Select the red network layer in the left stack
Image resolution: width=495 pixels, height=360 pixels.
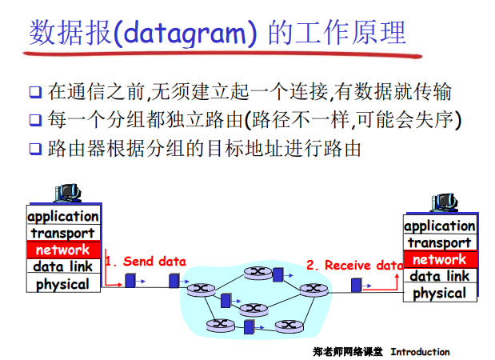point(63,250)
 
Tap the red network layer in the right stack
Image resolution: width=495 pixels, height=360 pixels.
point(439,259)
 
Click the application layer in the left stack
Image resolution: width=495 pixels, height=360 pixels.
point(63,216)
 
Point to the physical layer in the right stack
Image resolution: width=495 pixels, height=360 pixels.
point(439,293)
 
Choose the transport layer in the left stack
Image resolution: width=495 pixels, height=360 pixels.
point(63,233)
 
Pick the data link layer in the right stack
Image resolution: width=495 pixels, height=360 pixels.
point(439,276)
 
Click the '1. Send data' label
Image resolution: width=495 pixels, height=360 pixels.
point(146,262)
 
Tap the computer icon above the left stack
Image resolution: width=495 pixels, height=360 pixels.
point(68,193)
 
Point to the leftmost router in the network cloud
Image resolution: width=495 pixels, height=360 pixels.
point(200,287)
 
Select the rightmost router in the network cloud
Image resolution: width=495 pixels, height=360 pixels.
point(309,288)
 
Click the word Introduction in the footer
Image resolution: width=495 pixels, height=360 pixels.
point(420,351)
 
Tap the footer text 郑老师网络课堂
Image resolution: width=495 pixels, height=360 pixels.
point(348,351)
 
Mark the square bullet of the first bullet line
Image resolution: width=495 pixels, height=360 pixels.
point(34,92)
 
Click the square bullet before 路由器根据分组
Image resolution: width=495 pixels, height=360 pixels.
point(34,149)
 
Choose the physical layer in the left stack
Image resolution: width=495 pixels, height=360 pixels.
point(63,283)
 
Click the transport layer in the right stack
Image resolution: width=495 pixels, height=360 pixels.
point(439,242)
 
